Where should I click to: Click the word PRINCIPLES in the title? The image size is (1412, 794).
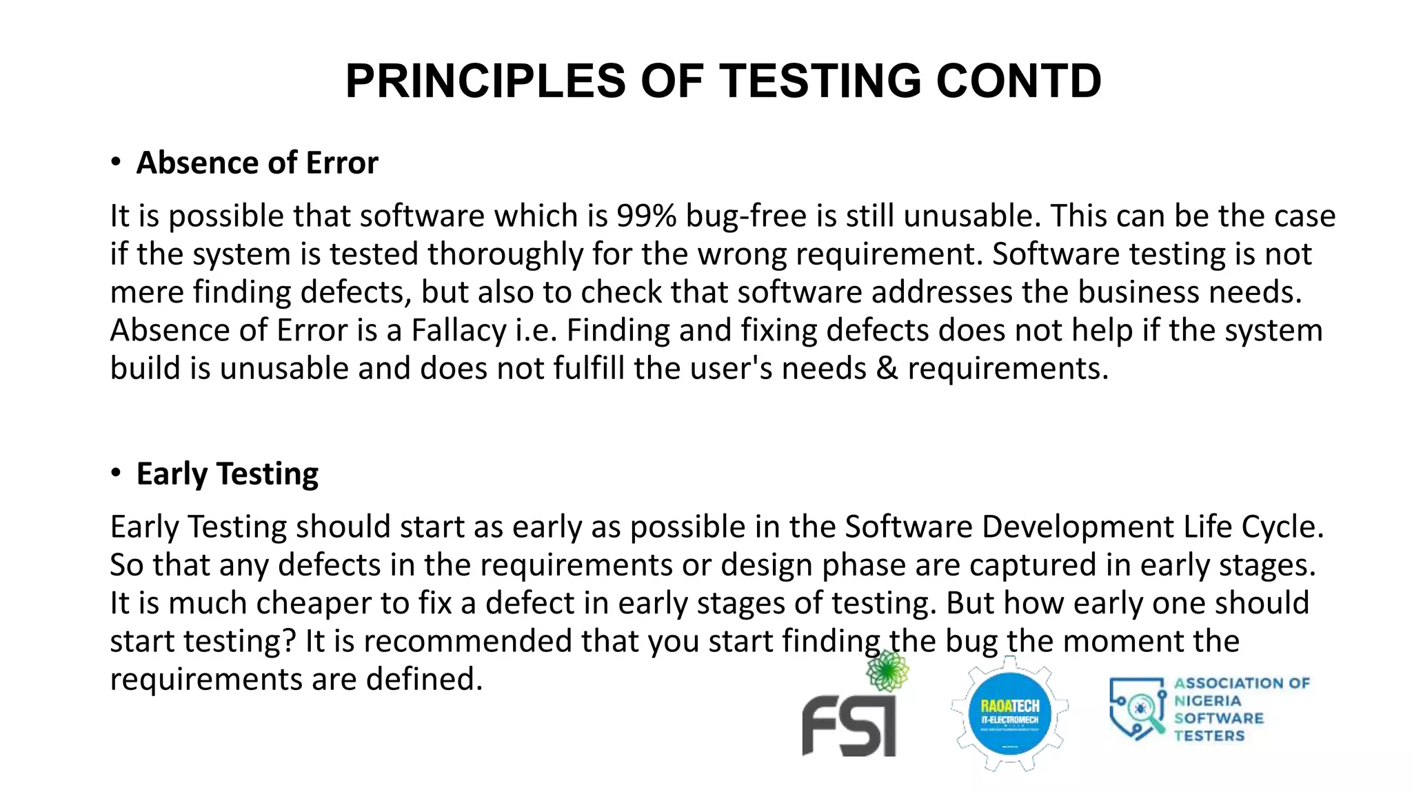click(x=485, y=81)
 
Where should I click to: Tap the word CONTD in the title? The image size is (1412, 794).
click(x=1018, y=81)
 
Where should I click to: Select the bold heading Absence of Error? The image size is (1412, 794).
click(x=257, y=163)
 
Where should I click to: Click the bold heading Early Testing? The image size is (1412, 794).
click(x=228, y=474)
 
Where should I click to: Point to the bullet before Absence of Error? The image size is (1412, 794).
click(x=116, y=163)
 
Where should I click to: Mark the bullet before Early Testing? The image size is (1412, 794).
click(x=116, y=474)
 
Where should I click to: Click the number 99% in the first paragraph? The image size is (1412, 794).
click(x=647, y=216)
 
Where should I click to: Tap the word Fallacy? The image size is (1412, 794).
click(x=458, y=331)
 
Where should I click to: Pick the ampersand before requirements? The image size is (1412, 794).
click(x=887, y=369)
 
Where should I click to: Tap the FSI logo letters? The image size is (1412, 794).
click(x=849, y=726)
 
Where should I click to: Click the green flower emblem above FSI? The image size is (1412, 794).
click(x=887, y=671)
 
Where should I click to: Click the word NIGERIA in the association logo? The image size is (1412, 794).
click(x=1207, y=701)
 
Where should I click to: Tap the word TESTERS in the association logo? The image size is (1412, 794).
click(x=1209, y=736)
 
